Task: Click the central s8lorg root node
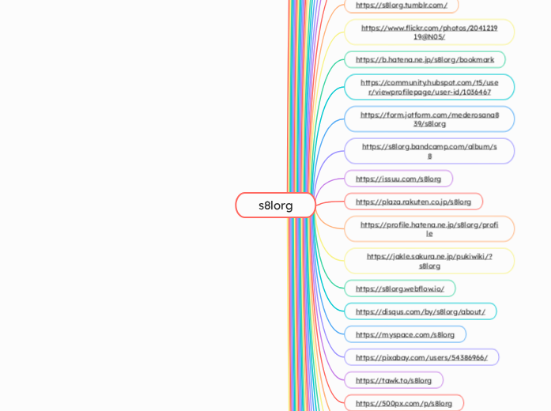click(x=275, y=205)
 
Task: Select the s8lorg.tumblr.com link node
click(x=401, y=6)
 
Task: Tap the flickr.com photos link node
click(x=429, y=32)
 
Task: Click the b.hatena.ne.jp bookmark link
click(x=425, y=59)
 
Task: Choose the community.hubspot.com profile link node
click(x=429, y=87)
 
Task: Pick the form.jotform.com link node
click(x=429, y=119)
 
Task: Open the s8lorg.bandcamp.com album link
click(x=429, y=151)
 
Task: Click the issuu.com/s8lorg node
click(x=398, y=179)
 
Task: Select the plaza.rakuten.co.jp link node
click(x=413, y=202)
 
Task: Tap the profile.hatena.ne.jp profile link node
click(x=429, y=229)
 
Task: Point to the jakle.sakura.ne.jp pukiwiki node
click(x=429, y=261)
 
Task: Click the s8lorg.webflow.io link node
click(x=399, y=288)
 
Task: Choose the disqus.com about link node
click(x=420, y=311)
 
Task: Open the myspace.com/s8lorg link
click(x=405, y=334)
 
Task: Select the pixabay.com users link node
click(x=421, y=357)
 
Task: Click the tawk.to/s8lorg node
click(x=393, y=380)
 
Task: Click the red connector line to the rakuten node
click(x=330, y=203)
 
